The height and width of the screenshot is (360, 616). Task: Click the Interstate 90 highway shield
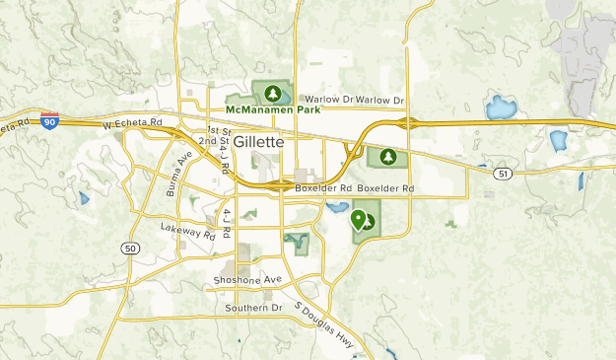coord(49,120)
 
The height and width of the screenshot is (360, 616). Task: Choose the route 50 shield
coord(130,249)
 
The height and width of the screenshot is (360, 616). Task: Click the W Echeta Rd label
coord(132,123)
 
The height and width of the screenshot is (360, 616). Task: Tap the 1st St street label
coord(218,130)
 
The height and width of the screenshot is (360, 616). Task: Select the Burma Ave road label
coord(179,175)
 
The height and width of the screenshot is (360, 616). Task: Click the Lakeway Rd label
coord(187,232)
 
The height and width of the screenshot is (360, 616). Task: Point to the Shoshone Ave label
coord(247,280)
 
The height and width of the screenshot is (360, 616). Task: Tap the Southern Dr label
coord(252,308)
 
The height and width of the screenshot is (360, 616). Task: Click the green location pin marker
coord(357,217)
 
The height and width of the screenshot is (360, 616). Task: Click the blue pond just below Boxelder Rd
coord(336,209)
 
